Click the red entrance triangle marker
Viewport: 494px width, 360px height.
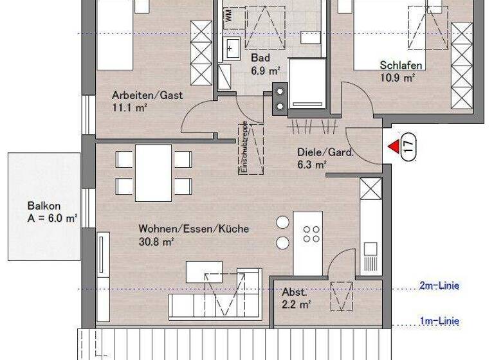(x=393, y=147)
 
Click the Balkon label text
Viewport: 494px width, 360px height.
(x=44, y=206)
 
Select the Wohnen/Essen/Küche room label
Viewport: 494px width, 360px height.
(x=194, y=228)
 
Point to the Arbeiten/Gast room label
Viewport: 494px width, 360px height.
(x=147, y=95)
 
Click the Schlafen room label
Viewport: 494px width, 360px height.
(x=401, y=65)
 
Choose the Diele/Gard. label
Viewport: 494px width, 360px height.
(x=325, y=153)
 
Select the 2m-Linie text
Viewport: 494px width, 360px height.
(x=440, y=286)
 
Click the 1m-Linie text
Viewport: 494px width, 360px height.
(x=440, y=321)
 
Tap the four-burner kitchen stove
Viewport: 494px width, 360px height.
(x=311, y=235)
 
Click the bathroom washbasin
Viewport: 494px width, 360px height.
(x=232, y=46)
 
